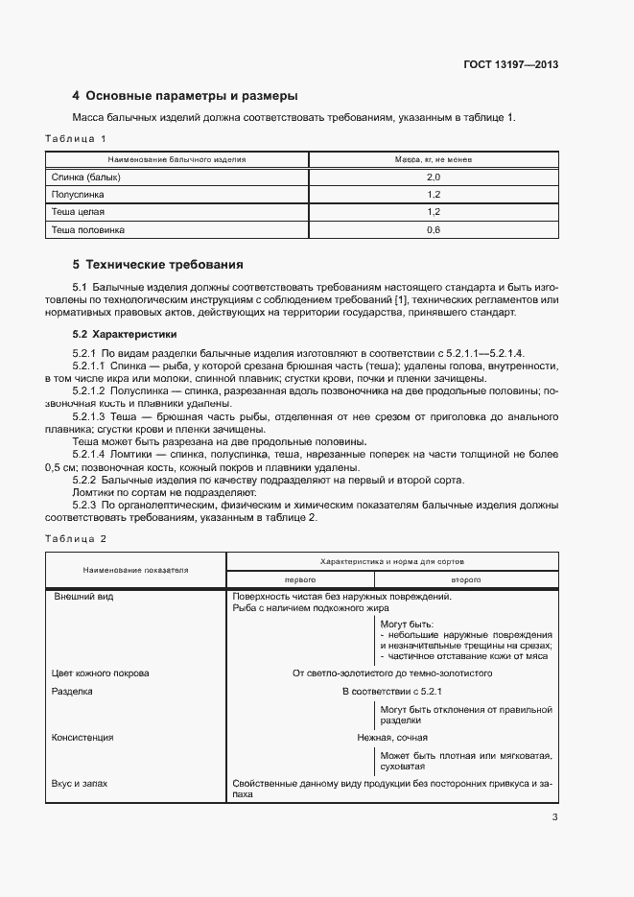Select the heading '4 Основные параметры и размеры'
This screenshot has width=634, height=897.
(x=185, y=96)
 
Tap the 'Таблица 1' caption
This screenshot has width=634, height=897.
(x=77, y=139)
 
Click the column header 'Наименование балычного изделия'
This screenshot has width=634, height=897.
(x=176, y=158)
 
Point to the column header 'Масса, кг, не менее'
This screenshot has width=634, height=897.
(x=433, y=158)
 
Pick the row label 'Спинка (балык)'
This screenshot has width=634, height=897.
(x=86, y=177)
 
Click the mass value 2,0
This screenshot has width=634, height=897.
(x=433, y=177)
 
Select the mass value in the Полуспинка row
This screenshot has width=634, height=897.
(x=433, y=195)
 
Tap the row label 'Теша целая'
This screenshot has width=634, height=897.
(x=79, y=212)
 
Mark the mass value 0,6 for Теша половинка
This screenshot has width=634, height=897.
(x=433, y=230)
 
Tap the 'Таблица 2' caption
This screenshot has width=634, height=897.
(x=77, y=538)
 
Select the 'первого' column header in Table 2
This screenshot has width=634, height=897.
(x=300, y=580)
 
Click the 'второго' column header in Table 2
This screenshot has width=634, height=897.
(x=466, y=580)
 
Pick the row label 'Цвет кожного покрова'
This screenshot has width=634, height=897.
(x=100, y=673)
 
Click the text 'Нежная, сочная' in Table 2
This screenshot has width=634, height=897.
(x=392, y=738)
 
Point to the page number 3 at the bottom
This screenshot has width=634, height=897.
(x=554, y=817)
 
